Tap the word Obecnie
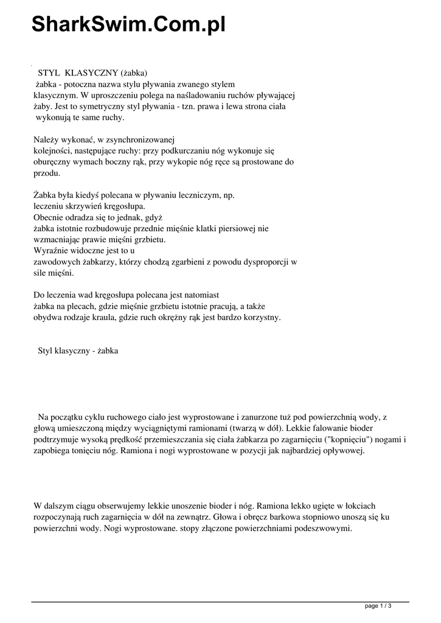tap(49, 217)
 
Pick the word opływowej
tap(340, 451)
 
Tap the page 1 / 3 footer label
tap(377, 606)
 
